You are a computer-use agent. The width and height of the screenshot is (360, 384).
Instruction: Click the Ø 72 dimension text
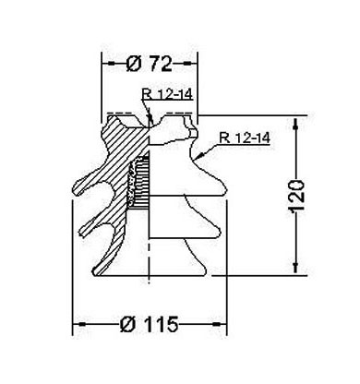coord(150,64)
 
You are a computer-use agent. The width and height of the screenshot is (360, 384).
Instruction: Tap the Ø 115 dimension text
coord(150,324)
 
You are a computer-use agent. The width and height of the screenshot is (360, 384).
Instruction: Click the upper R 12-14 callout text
coord(167,94)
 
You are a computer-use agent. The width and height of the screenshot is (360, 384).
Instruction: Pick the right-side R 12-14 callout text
coord(245,138)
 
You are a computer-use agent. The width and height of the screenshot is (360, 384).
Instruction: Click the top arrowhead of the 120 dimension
coord(295,123)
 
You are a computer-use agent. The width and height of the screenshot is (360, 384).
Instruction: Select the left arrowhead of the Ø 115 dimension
coord(79,324)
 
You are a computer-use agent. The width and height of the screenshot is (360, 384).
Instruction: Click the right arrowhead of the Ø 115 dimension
coord(219,324)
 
